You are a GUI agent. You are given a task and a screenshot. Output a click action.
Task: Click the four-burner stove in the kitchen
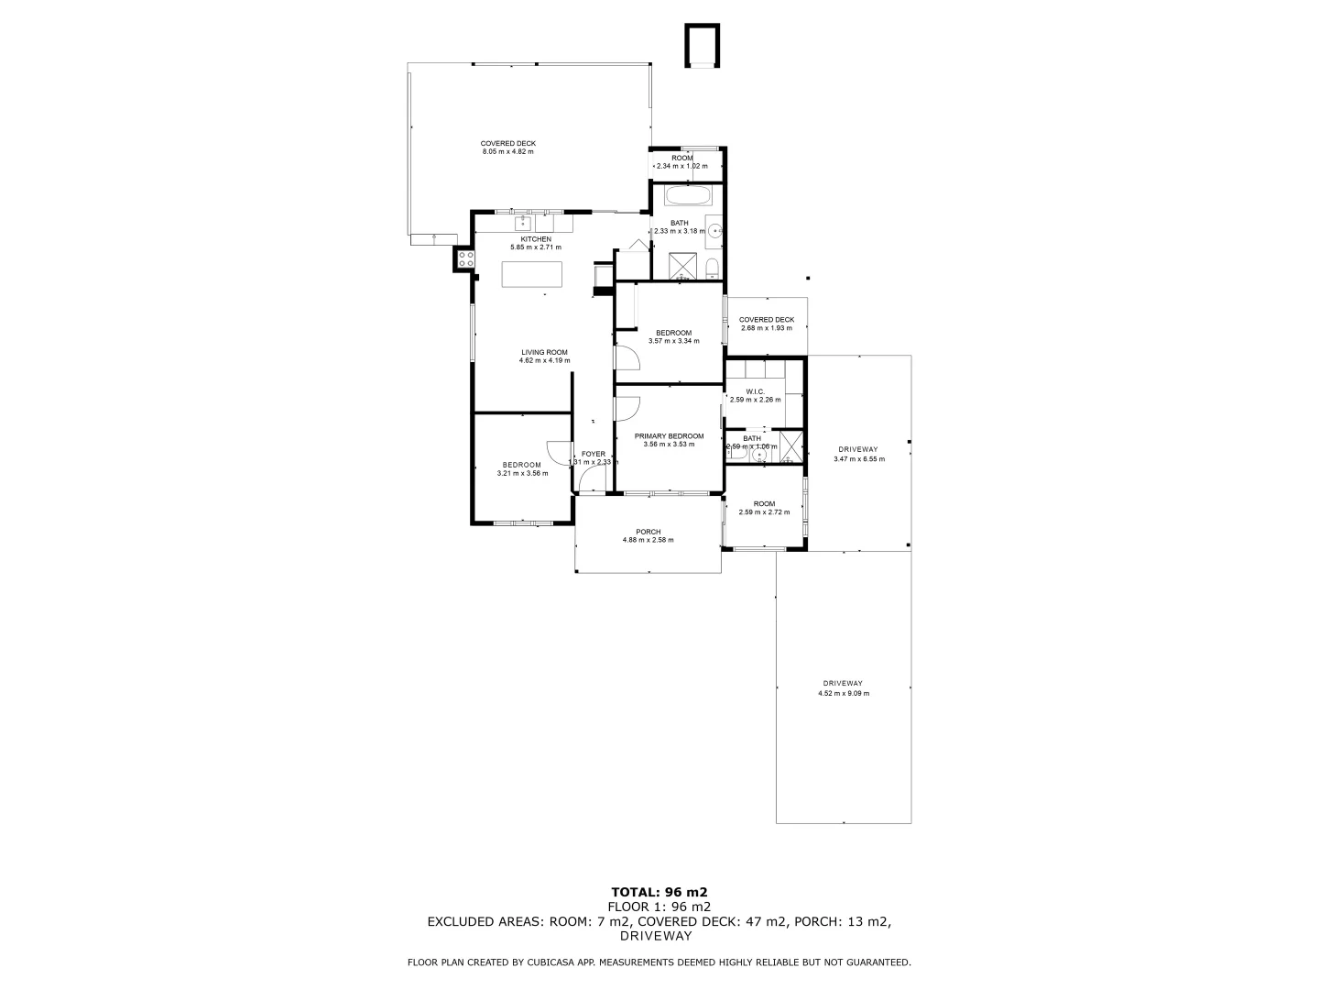tap(464, 258)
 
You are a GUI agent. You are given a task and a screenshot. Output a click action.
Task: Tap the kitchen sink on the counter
tap(524, 223)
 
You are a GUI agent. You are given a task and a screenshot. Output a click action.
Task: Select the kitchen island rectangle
tap(531, 275)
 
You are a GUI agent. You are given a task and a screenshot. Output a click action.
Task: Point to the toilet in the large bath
tap(712, 267)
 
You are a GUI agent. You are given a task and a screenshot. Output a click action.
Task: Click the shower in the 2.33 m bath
tap(681, 265)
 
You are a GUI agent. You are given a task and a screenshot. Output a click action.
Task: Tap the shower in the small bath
tap(790, 449)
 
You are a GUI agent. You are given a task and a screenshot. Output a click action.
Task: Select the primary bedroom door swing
tap(627, 410)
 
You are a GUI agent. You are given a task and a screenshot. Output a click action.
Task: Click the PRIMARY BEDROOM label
tap(669, 436)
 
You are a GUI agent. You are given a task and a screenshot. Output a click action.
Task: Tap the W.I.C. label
tap(755, 391)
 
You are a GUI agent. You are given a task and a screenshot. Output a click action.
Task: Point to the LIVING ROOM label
tap(544, 352)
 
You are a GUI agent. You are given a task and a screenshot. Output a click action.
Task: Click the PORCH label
tap(648, 532)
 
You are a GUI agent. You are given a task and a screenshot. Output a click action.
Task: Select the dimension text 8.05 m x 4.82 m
tap(507, 151)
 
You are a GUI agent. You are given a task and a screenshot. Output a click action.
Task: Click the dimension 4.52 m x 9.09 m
tap(843, 694)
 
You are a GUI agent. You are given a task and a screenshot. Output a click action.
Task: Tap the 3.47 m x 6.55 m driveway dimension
tap(859, 459)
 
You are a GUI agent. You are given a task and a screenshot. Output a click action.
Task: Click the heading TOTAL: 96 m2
tap(659, 891)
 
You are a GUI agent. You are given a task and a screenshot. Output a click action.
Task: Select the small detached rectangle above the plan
tap(702, 47)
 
